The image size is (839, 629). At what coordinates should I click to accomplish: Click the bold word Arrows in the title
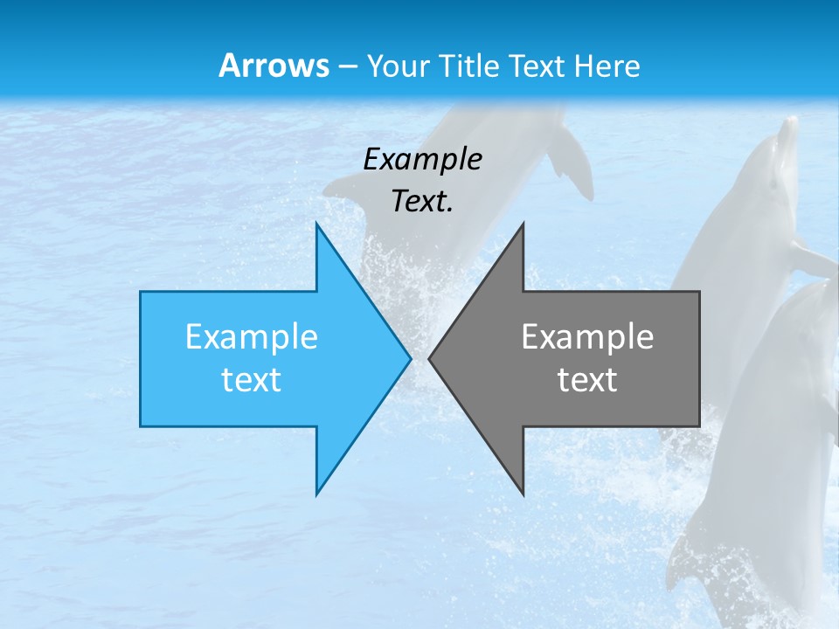coord(274,66)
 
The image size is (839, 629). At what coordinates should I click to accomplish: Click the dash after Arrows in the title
coord(347,66)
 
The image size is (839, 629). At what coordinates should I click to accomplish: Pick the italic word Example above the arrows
coord(423,159)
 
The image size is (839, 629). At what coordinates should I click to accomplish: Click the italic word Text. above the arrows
coord(423,201)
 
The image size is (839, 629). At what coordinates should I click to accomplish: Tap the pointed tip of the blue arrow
coord(410,358)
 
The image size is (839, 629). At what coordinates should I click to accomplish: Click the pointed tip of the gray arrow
coord(430,358)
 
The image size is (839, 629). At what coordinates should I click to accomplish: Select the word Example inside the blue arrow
coord(252,337)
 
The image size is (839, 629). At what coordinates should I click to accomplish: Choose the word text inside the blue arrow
coord(252,379)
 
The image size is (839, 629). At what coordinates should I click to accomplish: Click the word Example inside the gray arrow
coord(587,337)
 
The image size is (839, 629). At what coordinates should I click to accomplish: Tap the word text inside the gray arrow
coord(587,379)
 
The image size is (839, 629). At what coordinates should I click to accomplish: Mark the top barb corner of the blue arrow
coord(317,225)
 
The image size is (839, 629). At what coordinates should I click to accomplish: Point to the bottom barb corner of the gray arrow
coord(523,494)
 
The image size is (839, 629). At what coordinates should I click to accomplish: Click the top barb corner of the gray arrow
coord(523,225)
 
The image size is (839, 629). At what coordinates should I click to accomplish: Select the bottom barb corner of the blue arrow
coord(317,494)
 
